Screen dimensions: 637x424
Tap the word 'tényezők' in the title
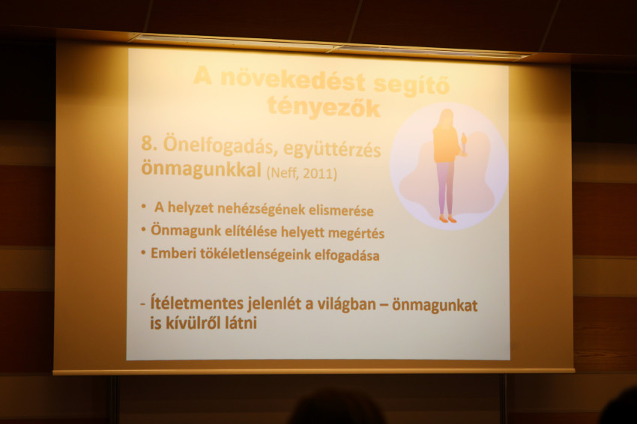(x=324, y=107)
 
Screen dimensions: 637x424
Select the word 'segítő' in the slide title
(x=412, y=85)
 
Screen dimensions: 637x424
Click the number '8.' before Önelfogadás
(x=149, y=144)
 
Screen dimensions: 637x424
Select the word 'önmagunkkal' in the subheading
(x=201, y=169)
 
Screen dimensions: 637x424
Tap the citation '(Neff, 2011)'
(x=301, y=174)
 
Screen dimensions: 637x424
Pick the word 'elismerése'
(x=341, y=211)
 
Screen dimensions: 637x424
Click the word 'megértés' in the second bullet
(x=356, y=234)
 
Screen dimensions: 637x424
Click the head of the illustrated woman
(x=446, y=118)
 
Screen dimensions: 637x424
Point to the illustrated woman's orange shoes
(x=447, y=219)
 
